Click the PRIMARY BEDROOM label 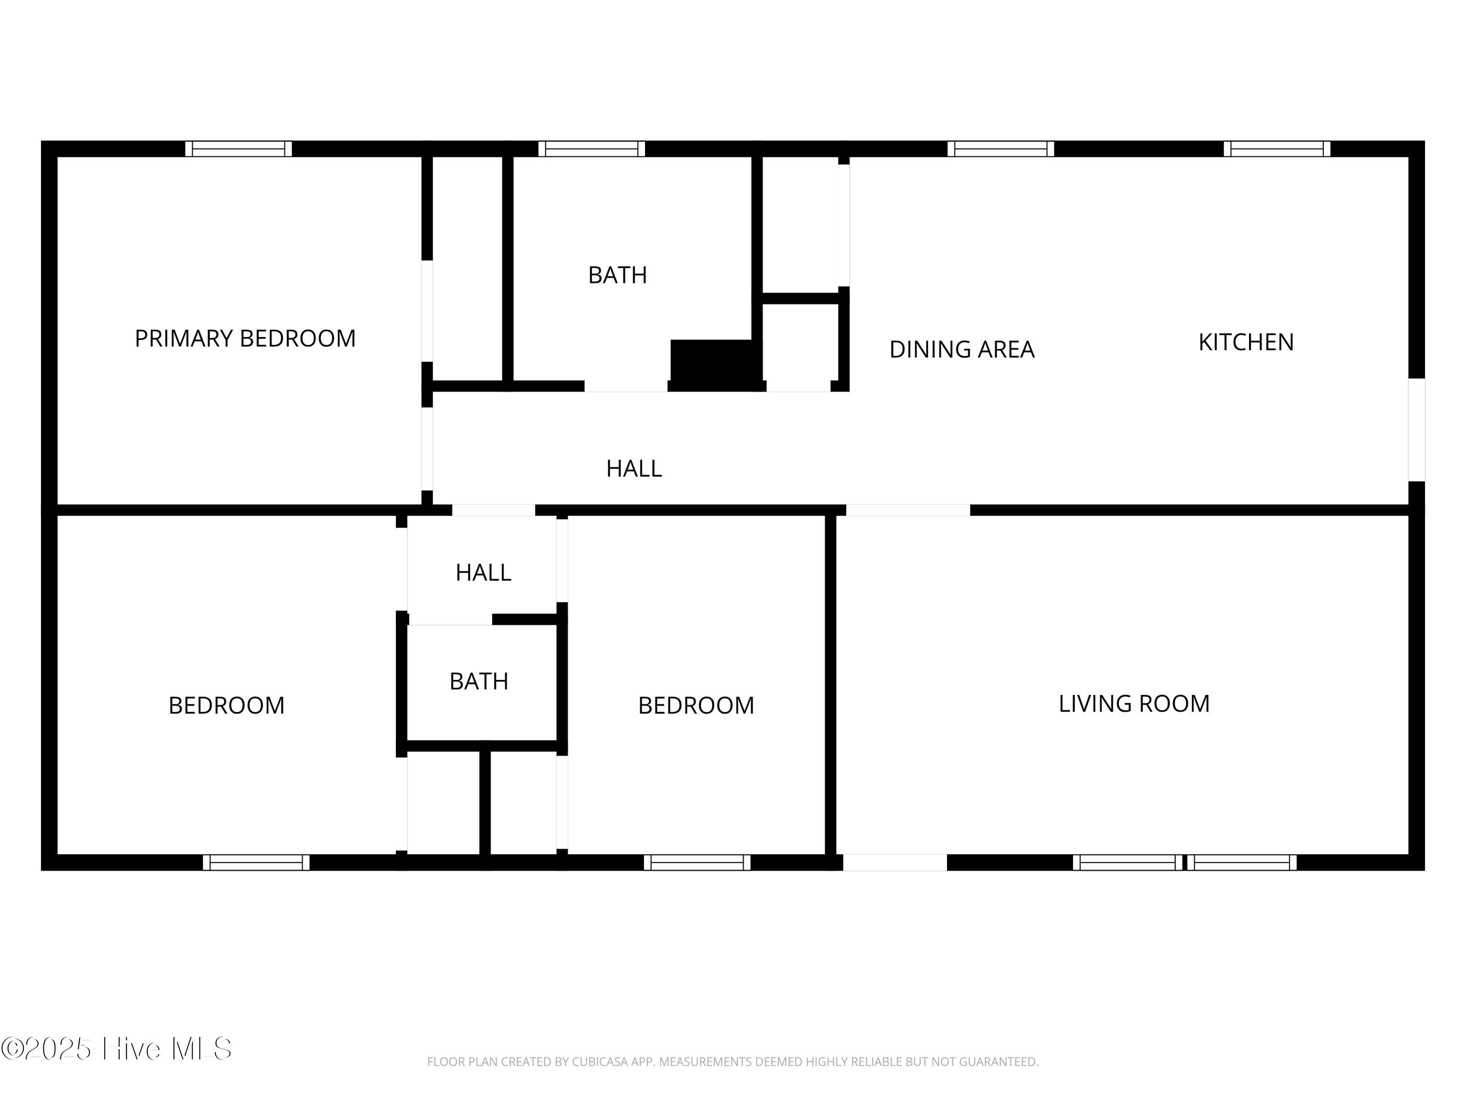(245, 338)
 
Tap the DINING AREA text (962, 349)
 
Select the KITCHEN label (1246, 342)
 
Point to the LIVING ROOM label (1134, 703)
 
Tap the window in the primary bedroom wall (238, 148)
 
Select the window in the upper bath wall (592, 148)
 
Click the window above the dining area (1001, 148)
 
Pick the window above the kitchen (1277, 148)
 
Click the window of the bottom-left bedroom (256, 863)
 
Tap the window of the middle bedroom (697, 863)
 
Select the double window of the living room (1185, 863)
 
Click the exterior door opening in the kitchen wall (1416, 430)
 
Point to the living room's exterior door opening (895, 863)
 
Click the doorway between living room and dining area (908, 510)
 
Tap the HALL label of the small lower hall (483, 572)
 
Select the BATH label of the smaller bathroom (478, 681)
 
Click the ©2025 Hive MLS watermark (117, 1049)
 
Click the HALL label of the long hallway (634, 468)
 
